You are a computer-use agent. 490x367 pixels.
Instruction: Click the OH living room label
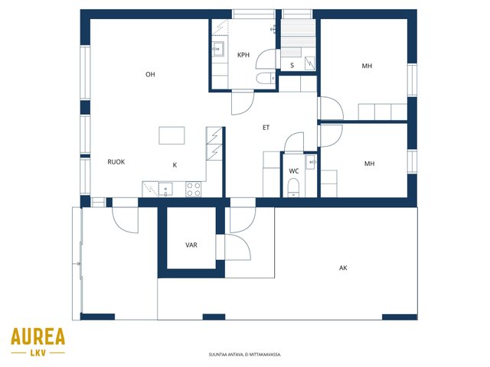(150, 74)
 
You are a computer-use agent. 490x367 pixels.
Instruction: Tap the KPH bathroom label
(243, 55)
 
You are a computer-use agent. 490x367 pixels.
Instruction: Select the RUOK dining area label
(116, 161)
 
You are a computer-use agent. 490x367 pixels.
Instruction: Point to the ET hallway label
(266, 128)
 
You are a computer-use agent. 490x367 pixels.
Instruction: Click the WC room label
(294, 171)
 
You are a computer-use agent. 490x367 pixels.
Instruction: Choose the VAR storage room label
(191, 245)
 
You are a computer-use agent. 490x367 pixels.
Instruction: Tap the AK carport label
(343, 268)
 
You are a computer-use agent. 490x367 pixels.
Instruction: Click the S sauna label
(292, 65)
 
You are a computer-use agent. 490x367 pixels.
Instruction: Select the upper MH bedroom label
(367, 66)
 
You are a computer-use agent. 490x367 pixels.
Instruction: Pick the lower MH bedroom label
(369, 164)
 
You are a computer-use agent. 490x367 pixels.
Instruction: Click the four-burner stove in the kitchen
(194, 190)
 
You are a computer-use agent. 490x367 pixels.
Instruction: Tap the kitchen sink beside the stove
(165, 190)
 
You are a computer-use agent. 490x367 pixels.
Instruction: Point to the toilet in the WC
(293, 187)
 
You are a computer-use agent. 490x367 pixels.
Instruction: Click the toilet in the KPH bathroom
(266, 78)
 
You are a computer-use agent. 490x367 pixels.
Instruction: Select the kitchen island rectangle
(171, 135)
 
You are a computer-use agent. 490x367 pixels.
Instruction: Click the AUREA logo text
(38, 336)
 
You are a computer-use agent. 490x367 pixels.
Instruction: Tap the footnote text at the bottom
(245, 355)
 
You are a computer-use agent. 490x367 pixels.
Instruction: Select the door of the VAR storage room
(238, 247)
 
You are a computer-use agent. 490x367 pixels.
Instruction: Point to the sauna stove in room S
(309, 63)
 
